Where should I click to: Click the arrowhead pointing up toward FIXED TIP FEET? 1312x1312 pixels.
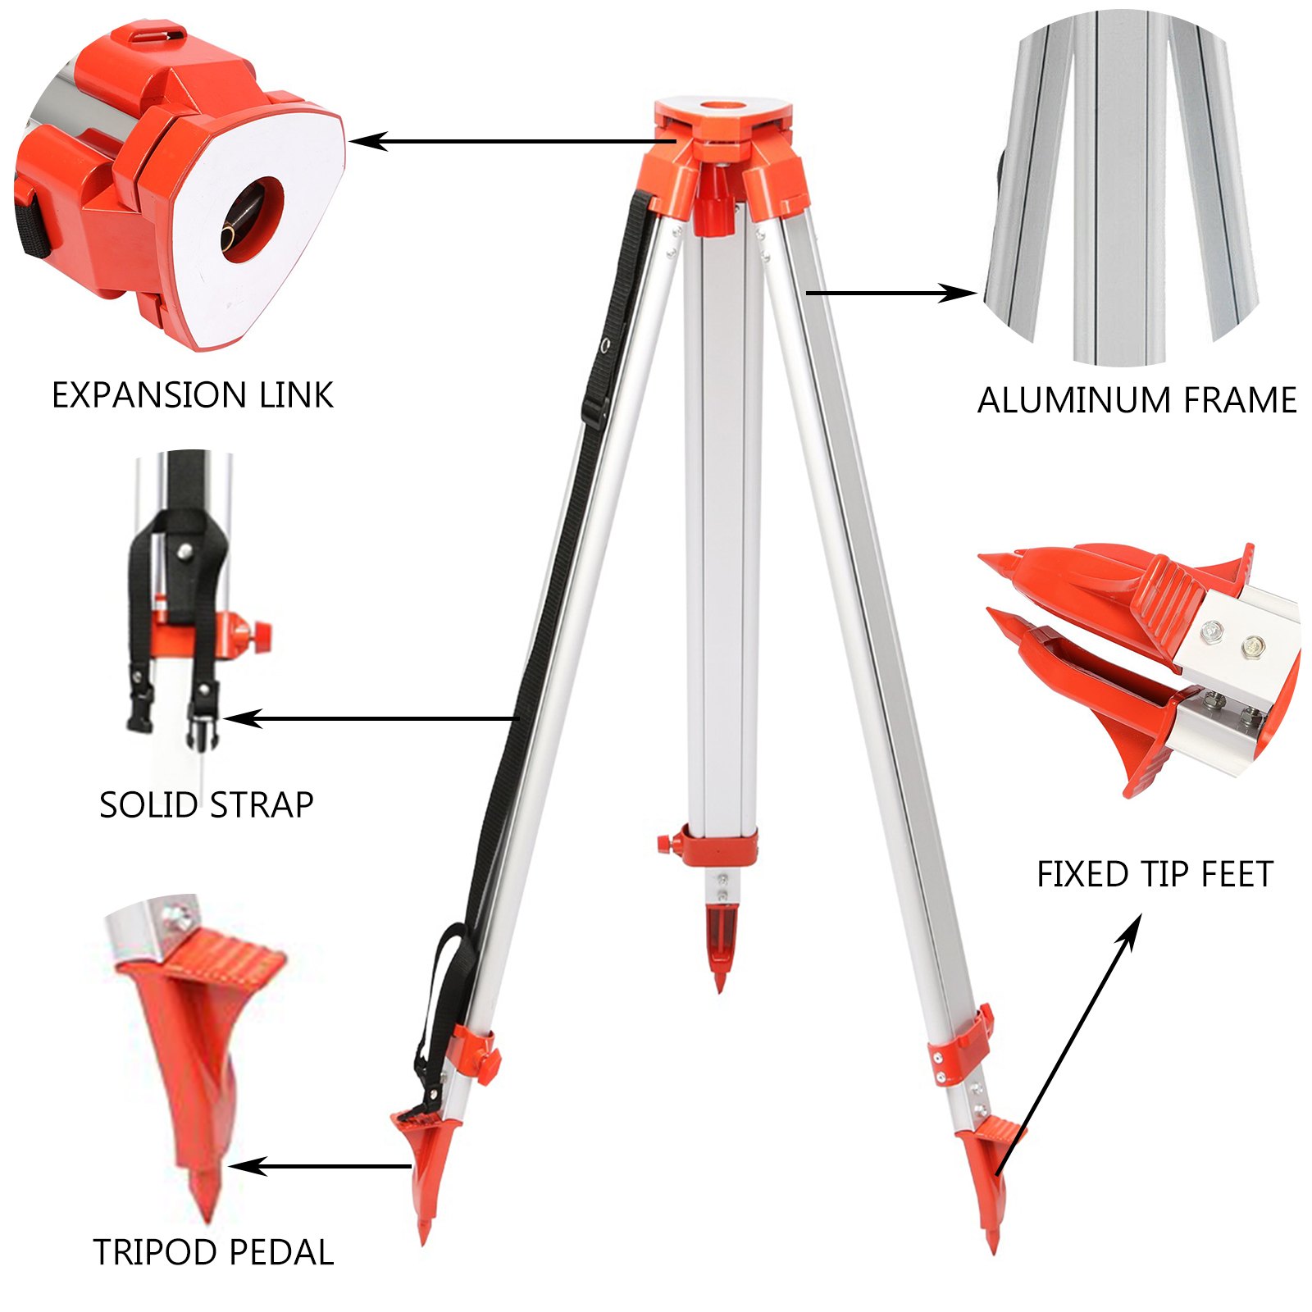[1132, 926]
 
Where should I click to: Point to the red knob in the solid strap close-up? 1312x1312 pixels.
[260, 632]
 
